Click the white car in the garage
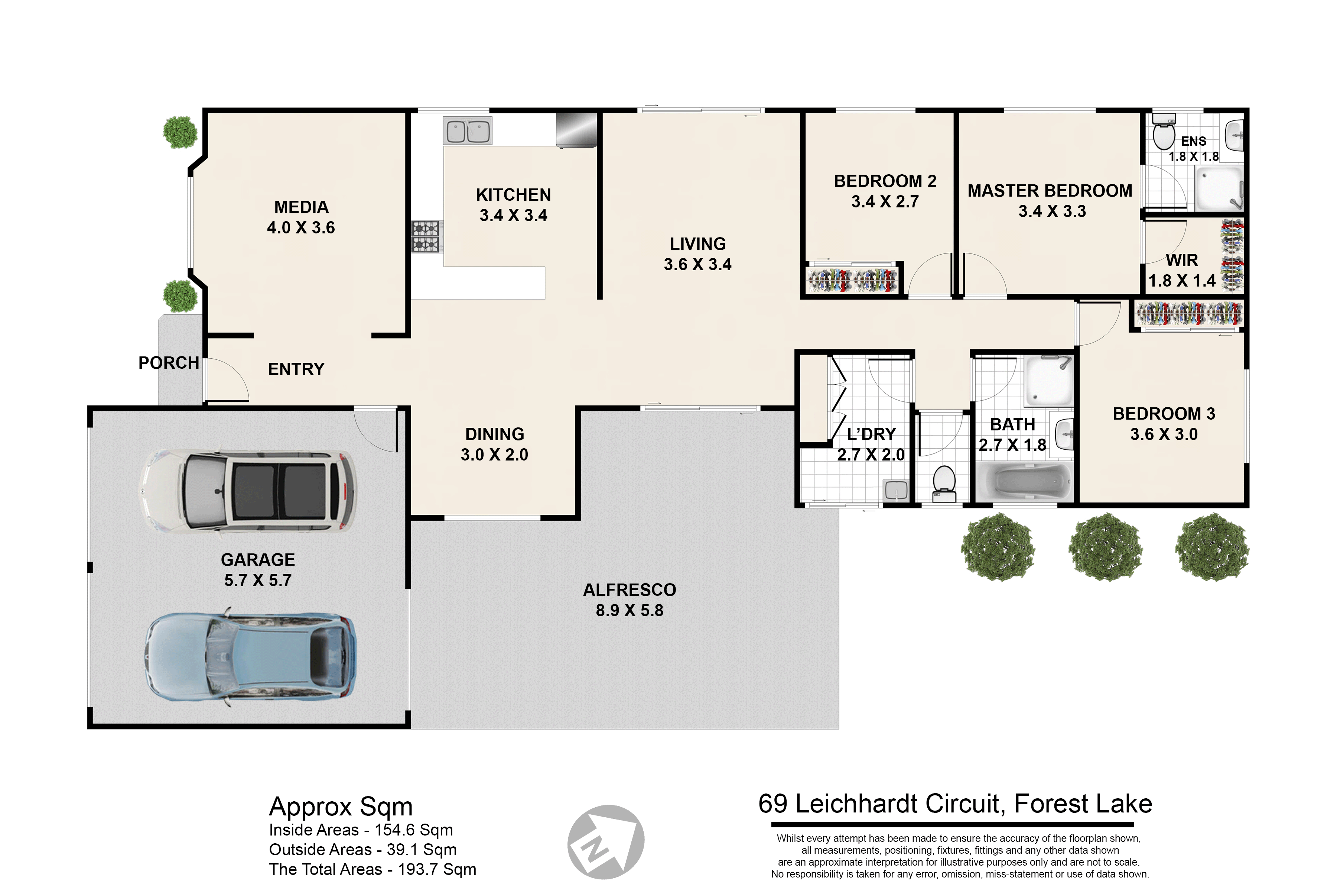pyautogui.click(x=248, y=491)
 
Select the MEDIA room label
pyautogui.click(x=301, y=207)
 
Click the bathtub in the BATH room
pyautogui.click(x=1024, y=482)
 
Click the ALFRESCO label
pyautogui.click(x=630, y=590)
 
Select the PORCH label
pyautogui.click(x=169, y=363)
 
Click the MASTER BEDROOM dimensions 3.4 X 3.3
pyautogui.click(x=1052, y=211)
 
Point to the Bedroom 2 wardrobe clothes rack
pyautogui.click(x=852, y=279)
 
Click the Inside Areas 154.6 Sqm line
pyautogui.click(x=361, y=830)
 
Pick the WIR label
pyautogui.click(x=1182, y=261)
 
